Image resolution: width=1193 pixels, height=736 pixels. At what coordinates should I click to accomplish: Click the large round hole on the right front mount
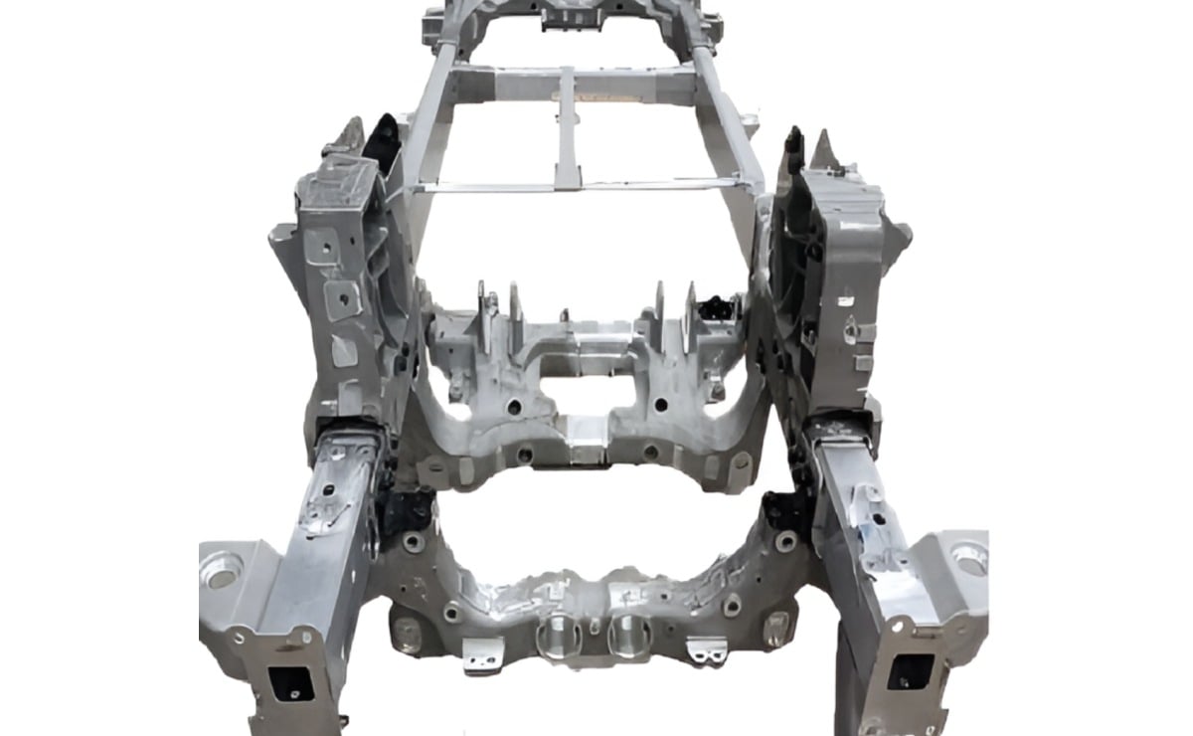pos(968,558)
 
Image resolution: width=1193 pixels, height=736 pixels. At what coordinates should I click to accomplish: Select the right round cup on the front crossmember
pos(628,635)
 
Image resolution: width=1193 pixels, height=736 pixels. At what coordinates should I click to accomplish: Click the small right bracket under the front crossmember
pos(709,651)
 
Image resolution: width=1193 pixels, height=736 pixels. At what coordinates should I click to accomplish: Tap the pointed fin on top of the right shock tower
pos(823,149)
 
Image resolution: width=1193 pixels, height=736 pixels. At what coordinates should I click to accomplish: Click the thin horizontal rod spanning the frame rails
pos(577,186)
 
